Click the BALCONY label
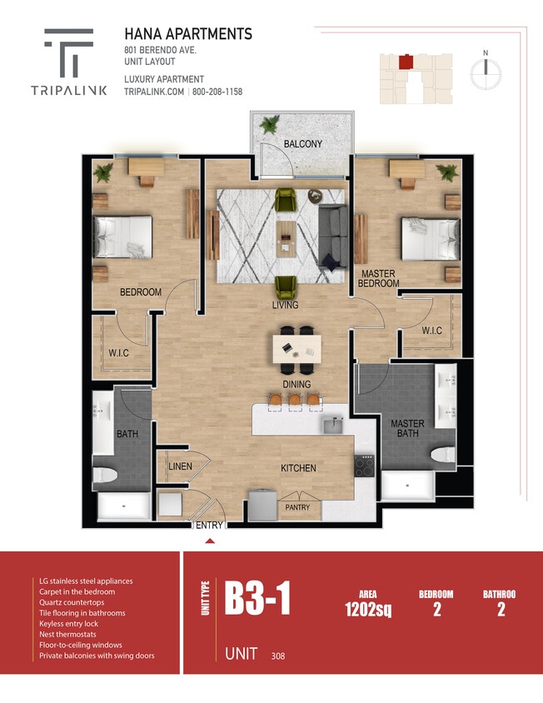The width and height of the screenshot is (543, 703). [302, 144]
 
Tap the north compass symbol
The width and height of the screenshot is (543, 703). [485, 72]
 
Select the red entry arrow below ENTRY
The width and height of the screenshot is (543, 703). [210, 541]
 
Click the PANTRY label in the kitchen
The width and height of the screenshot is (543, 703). [297, 507]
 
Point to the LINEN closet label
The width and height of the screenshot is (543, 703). [181, 466]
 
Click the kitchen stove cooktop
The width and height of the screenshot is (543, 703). [365, 466]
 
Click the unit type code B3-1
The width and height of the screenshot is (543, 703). [258, 601]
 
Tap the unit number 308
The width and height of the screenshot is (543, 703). [277, 656]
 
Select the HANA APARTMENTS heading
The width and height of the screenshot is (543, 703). [188, 34]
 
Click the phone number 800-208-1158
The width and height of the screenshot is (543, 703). [218, 92]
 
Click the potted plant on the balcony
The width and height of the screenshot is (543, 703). [269, 125]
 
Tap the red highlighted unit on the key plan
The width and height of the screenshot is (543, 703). [406, 62]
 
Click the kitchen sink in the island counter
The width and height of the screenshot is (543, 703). [331, 425]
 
